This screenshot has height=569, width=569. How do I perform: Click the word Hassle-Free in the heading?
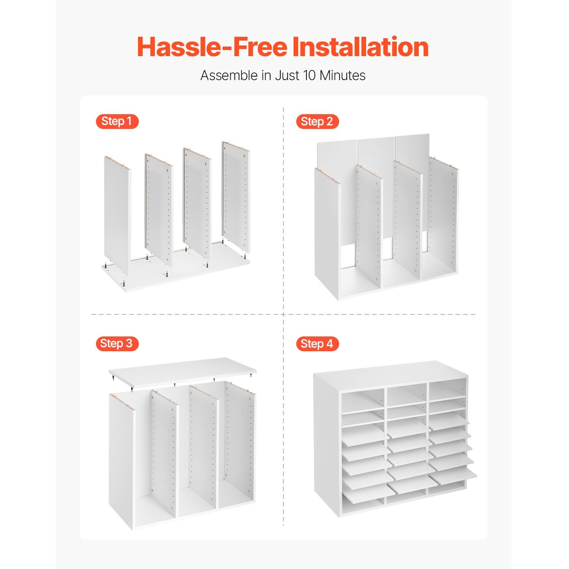coord(212,47)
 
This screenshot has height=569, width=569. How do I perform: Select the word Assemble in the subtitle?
coord(229,75)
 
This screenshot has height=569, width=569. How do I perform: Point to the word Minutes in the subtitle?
coord(343,75)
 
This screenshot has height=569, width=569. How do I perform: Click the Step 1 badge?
coord(117,121)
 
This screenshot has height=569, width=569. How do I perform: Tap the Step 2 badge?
coord(317,122)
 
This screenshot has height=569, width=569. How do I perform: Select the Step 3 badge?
coord(117,344)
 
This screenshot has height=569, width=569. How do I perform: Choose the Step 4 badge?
coord(317,344)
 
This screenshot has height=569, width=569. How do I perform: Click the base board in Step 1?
coord(176,273)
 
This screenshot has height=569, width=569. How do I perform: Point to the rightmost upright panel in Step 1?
coord(236,197)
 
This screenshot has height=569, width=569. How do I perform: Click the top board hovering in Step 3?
coord(182,371)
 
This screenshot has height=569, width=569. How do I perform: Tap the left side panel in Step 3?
coord(122,461)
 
